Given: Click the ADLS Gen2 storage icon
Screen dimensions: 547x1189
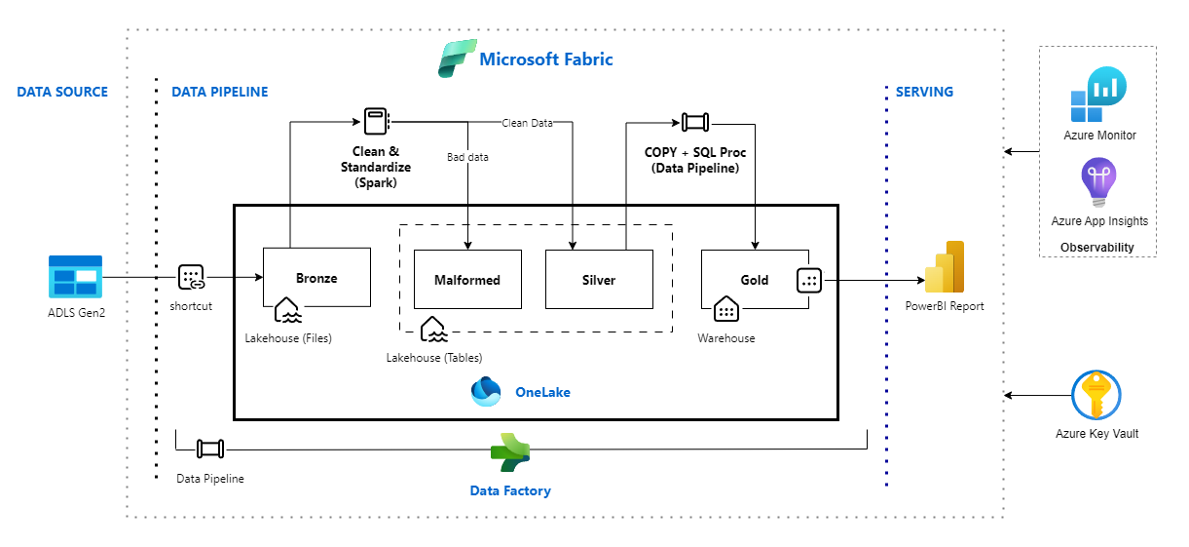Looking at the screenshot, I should coord(75,277).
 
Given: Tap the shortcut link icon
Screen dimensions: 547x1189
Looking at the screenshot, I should coord(191,277).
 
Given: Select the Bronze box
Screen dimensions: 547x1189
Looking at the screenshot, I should coord(316,278).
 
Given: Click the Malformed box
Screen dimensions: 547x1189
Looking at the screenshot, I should coord(467,279).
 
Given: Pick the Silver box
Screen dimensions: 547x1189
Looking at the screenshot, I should coord(598,279).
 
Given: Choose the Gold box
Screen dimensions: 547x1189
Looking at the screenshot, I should coord(755,279).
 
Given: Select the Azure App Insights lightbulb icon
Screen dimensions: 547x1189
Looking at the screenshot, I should coord(1098,184).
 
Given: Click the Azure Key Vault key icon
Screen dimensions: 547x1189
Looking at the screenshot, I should coord(1096,395).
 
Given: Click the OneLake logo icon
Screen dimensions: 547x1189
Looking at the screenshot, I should coord(486,391).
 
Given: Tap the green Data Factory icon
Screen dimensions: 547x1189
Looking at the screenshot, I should coord(509,451).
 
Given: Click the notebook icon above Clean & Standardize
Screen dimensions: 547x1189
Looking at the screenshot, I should coord(376,121).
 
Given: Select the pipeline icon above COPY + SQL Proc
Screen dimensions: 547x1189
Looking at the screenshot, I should coord(695,122).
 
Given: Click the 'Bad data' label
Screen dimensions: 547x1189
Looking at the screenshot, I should coord(467,156).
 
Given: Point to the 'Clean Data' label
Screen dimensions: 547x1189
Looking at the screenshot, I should coord(527,123).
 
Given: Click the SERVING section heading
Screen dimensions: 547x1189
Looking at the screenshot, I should coord(924,92).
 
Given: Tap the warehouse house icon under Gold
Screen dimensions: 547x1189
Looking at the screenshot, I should coord(725,310).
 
